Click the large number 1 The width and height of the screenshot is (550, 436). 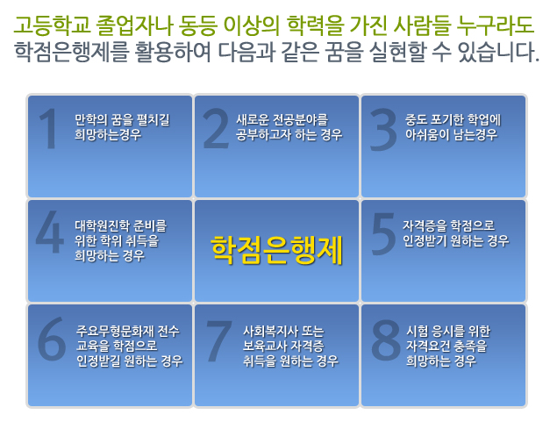pos(48,128)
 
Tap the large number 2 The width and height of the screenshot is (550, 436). pos(216,128)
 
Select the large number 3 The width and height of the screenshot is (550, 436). pos(383,129)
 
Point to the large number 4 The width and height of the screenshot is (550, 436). pos(50,232)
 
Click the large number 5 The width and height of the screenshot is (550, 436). pos(383,233)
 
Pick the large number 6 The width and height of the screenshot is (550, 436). pos(52,339)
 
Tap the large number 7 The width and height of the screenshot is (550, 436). pos(219,340)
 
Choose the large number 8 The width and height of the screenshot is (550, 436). pos(386,340)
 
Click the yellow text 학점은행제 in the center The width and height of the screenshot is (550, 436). pos(276,250)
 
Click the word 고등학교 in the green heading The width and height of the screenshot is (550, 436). pos(53,25)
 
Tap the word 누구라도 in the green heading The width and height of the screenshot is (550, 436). pos(496,25)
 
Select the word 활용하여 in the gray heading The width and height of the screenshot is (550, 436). pos(173,52)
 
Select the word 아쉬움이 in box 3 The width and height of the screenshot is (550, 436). pos(427,135)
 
